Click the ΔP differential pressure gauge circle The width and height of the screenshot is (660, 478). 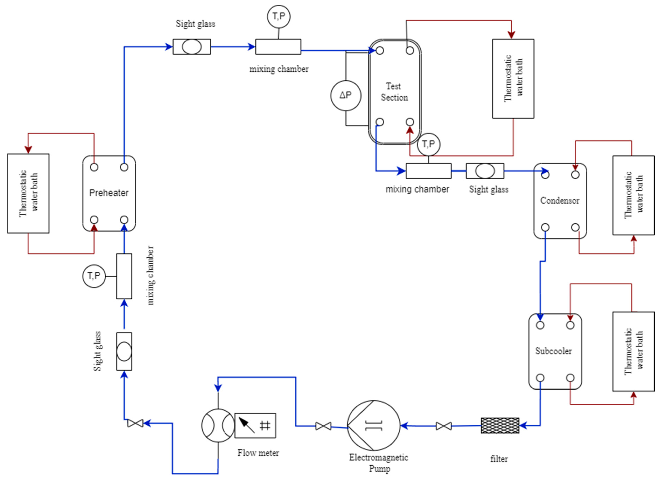click(x=346, y=96)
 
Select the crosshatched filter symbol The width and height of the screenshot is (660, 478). click(x=500, y=426)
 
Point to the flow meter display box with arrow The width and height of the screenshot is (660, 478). click(x=255, y=426)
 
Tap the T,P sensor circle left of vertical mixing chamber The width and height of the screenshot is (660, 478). click(x=94, y=276)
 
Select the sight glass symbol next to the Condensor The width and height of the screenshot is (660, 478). click(x=485, y=171)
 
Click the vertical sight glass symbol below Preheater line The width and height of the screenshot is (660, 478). click(x=124, y=352)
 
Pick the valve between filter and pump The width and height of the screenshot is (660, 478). click(x=444, y=426)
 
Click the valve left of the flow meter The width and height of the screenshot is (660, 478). click(x=135, y=423)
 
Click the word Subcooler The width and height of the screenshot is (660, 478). click(x=553, y=351)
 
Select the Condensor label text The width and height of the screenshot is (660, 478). click(x=560, y=201)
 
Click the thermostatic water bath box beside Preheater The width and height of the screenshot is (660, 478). click(x=28, y=193)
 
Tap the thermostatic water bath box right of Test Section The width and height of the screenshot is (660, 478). click(x=513, y=79)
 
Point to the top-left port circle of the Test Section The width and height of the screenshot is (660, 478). click(x=380, y=51)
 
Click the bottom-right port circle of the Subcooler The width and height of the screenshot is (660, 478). click(x=570, y=378)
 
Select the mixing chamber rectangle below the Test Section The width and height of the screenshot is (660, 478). click(x=428, y=171)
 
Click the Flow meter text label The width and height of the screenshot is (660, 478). click(x=258, y=453)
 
